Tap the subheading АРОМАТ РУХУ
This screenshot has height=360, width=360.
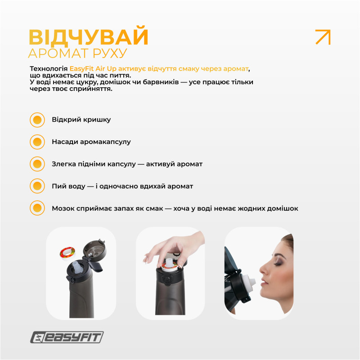point(77,53)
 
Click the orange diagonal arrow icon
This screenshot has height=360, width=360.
point(323,37)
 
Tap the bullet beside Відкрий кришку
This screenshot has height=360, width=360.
point(37,120)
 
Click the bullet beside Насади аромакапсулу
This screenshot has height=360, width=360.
point(37,142)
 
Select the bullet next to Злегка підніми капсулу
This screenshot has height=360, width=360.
point(37,164)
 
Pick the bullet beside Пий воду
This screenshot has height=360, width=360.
point(37,186)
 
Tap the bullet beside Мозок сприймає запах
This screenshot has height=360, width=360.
point(37,208)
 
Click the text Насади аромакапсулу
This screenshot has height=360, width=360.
point(91,142)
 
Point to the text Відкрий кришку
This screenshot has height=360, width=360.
point(81,120)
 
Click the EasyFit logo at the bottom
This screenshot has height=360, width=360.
point(67,337)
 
